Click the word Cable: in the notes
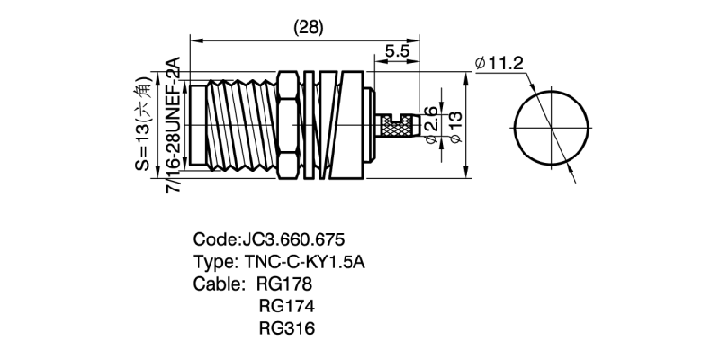[219, 284]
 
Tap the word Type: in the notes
[216, 262]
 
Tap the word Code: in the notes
[217, 240]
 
